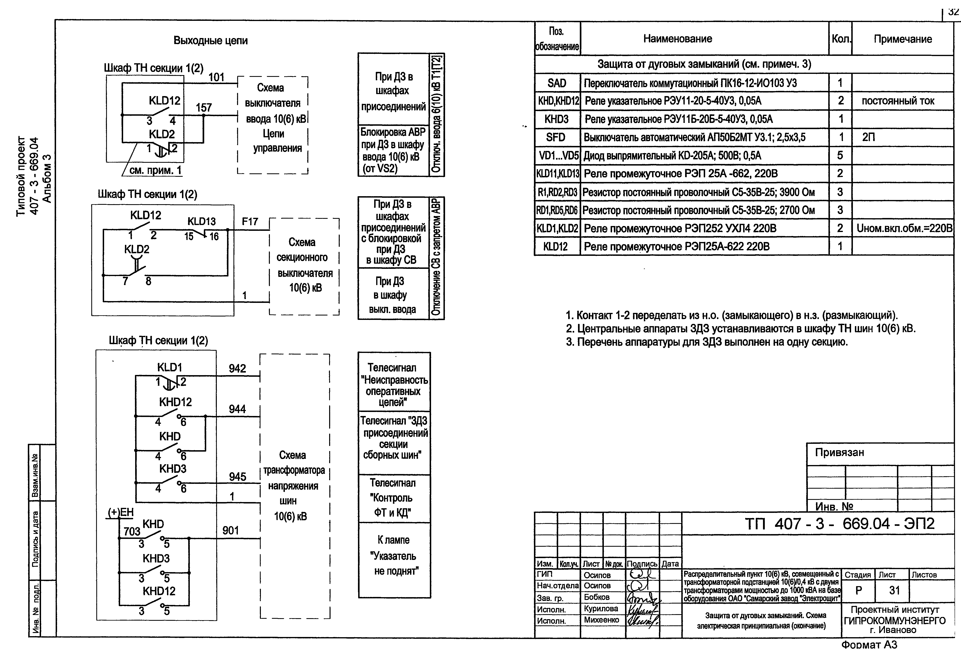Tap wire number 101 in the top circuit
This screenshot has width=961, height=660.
click(216, 77)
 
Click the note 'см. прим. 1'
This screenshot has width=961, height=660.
click(155, 170)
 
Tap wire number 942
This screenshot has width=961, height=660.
click(237, 369)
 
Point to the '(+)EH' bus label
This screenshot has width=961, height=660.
click(121, 512)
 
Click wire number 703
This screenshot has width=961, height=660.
click(132, 531)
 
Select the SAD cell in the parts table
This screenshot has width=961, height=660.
click(557, 83)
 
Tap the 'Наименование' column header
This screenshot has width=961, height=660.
click(677, 39)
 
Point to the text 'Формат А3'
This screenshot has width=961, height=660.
click(869, 644)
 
